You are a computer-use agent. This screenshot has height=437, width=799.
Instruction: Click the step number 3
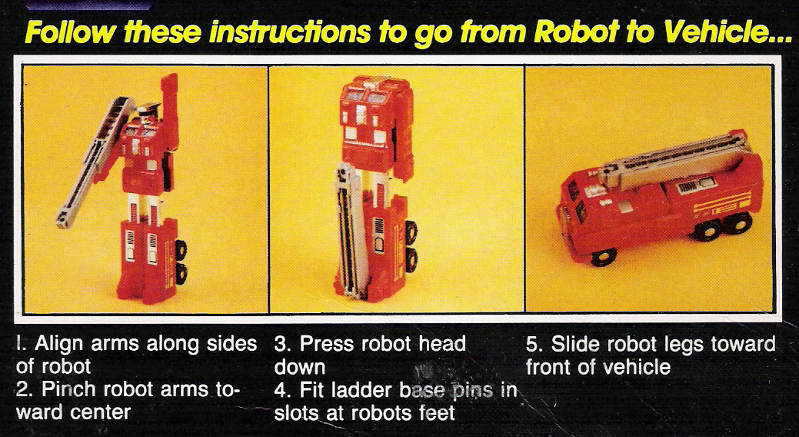(280, 344)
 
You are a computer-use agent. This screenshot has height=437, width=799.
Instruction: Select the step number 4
(281, 389)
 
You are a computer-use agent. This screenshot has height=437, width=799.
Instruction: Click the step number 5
(532, 344)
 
